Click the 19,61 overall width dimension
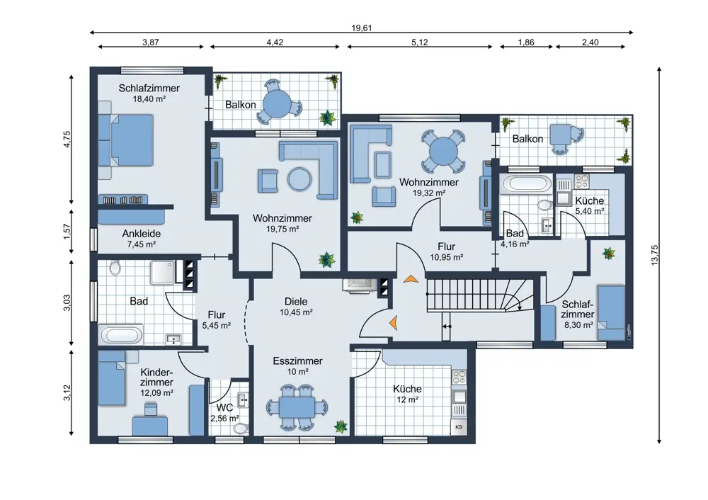coord(361,28)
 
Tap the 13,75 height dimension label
coord(655,255)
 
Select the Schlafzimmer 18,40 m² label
coord(149,93)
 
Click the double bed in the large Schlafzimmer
coord(126,140)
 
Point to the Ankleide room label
coord(142,234)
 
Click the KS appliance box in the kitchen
coord(459,427)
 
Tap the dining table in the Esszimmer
coord(297,408)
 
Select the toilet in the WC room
coord(241,428)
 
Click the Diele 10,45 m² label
coord(296,306)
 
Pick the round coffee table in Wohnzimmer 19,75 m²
coord(299,179)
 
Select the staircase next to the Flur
coord(481,295)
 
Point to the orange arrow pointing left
coord(393,322)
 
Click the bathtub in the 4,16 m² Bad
coord(527,184)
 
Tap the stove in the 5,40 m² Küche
coord(581,181)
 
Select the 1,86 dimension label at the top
coord(526,42)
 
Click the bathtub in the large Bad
coord(121,336)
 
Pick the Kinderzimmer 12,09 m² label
coord(156,382)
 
